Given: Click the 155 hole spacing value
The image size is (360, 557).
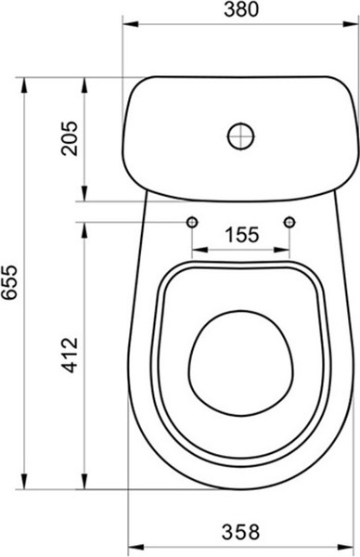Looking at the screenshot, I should pos(240,234).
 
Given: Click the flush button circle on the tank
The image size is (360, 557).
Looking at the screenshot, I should pos(239,136).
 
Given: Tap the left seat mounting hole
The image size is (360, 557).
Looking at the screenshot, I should pos(191,222).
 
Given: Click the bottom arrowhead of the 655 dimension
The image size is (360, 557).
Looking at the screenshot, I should pos(24,483).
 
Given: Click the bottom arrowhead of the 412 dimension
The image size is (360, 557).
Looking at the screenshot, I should pos(85,483).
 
